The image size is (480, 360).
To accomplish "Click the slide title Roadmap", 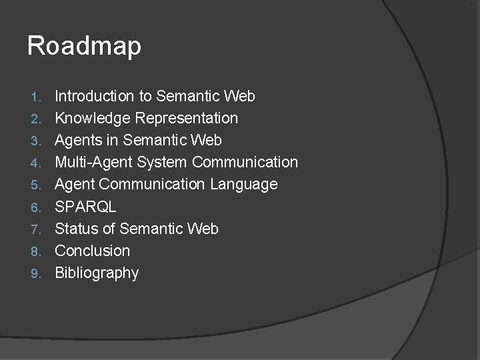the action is coord(84,47).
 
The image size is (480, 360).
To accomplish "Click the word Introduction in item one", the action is coord(94,96).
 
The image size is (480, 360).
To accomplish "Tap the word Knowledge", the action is coord(93,119).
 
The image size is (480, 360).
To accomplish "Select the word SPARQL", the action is coord(85,207).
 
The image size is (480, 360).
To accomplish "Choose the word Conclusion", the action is coord(92,251).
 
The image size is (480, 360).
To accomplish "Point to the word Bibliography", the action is coord(97,273).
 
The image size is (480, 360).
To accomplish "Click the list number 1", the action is coord(37,97).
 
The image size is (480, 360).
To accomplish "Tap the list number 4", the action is coord(37,163).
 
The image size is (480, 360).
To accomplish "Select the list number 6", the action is coord(37,207).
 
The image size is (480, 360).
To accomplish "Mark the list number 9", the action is coord(37,274).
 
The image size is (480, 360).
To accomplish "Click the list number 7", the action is coord(37,229).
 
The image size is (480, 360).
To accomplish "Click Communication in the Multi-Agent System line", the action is coord(246,162).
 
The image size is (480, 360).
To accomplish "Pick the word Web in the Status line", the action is coord(203,229).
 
